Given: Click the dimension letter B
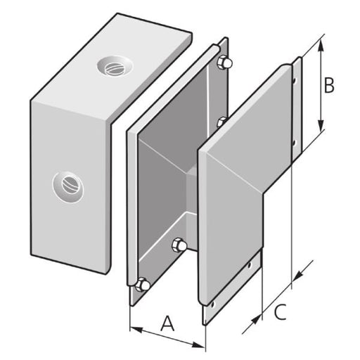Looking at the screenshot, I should point(328,85).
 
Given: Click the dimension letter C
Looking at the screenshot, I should point(280,311).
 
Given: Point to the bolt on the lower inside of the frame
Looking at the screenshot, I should point(179,246).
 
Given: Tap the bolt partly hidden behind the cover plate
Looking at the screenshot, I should point(221,123).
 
